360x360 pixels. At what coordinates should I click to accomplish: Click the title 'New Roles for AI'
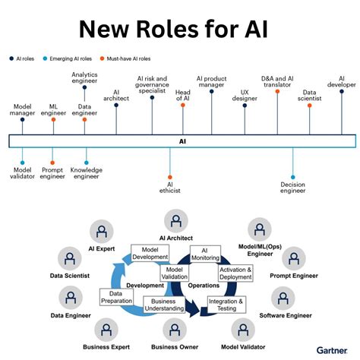coord(180,30)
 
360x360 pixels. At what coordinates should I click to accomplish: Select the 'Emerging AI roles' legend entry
coord(70,58)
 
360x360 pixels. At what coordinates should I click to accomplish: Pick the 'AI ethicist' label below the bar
coord(170,187)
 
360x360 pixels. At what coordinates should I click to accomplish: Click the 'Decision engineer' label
coord(292,188)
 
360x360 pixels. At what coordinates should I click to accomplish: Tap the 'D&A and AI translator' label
coord(278,82)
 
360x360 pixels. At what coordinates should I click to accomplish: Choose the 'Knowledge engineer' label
coord(87,174)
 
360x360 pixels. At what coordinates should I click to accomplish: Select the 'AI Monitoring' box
coord(204,254)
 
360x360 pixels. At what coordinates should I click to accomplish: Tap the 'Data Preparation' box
coord(116,297)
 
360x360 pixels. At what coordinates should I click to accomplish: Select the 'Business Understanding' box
coord(164,305)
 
